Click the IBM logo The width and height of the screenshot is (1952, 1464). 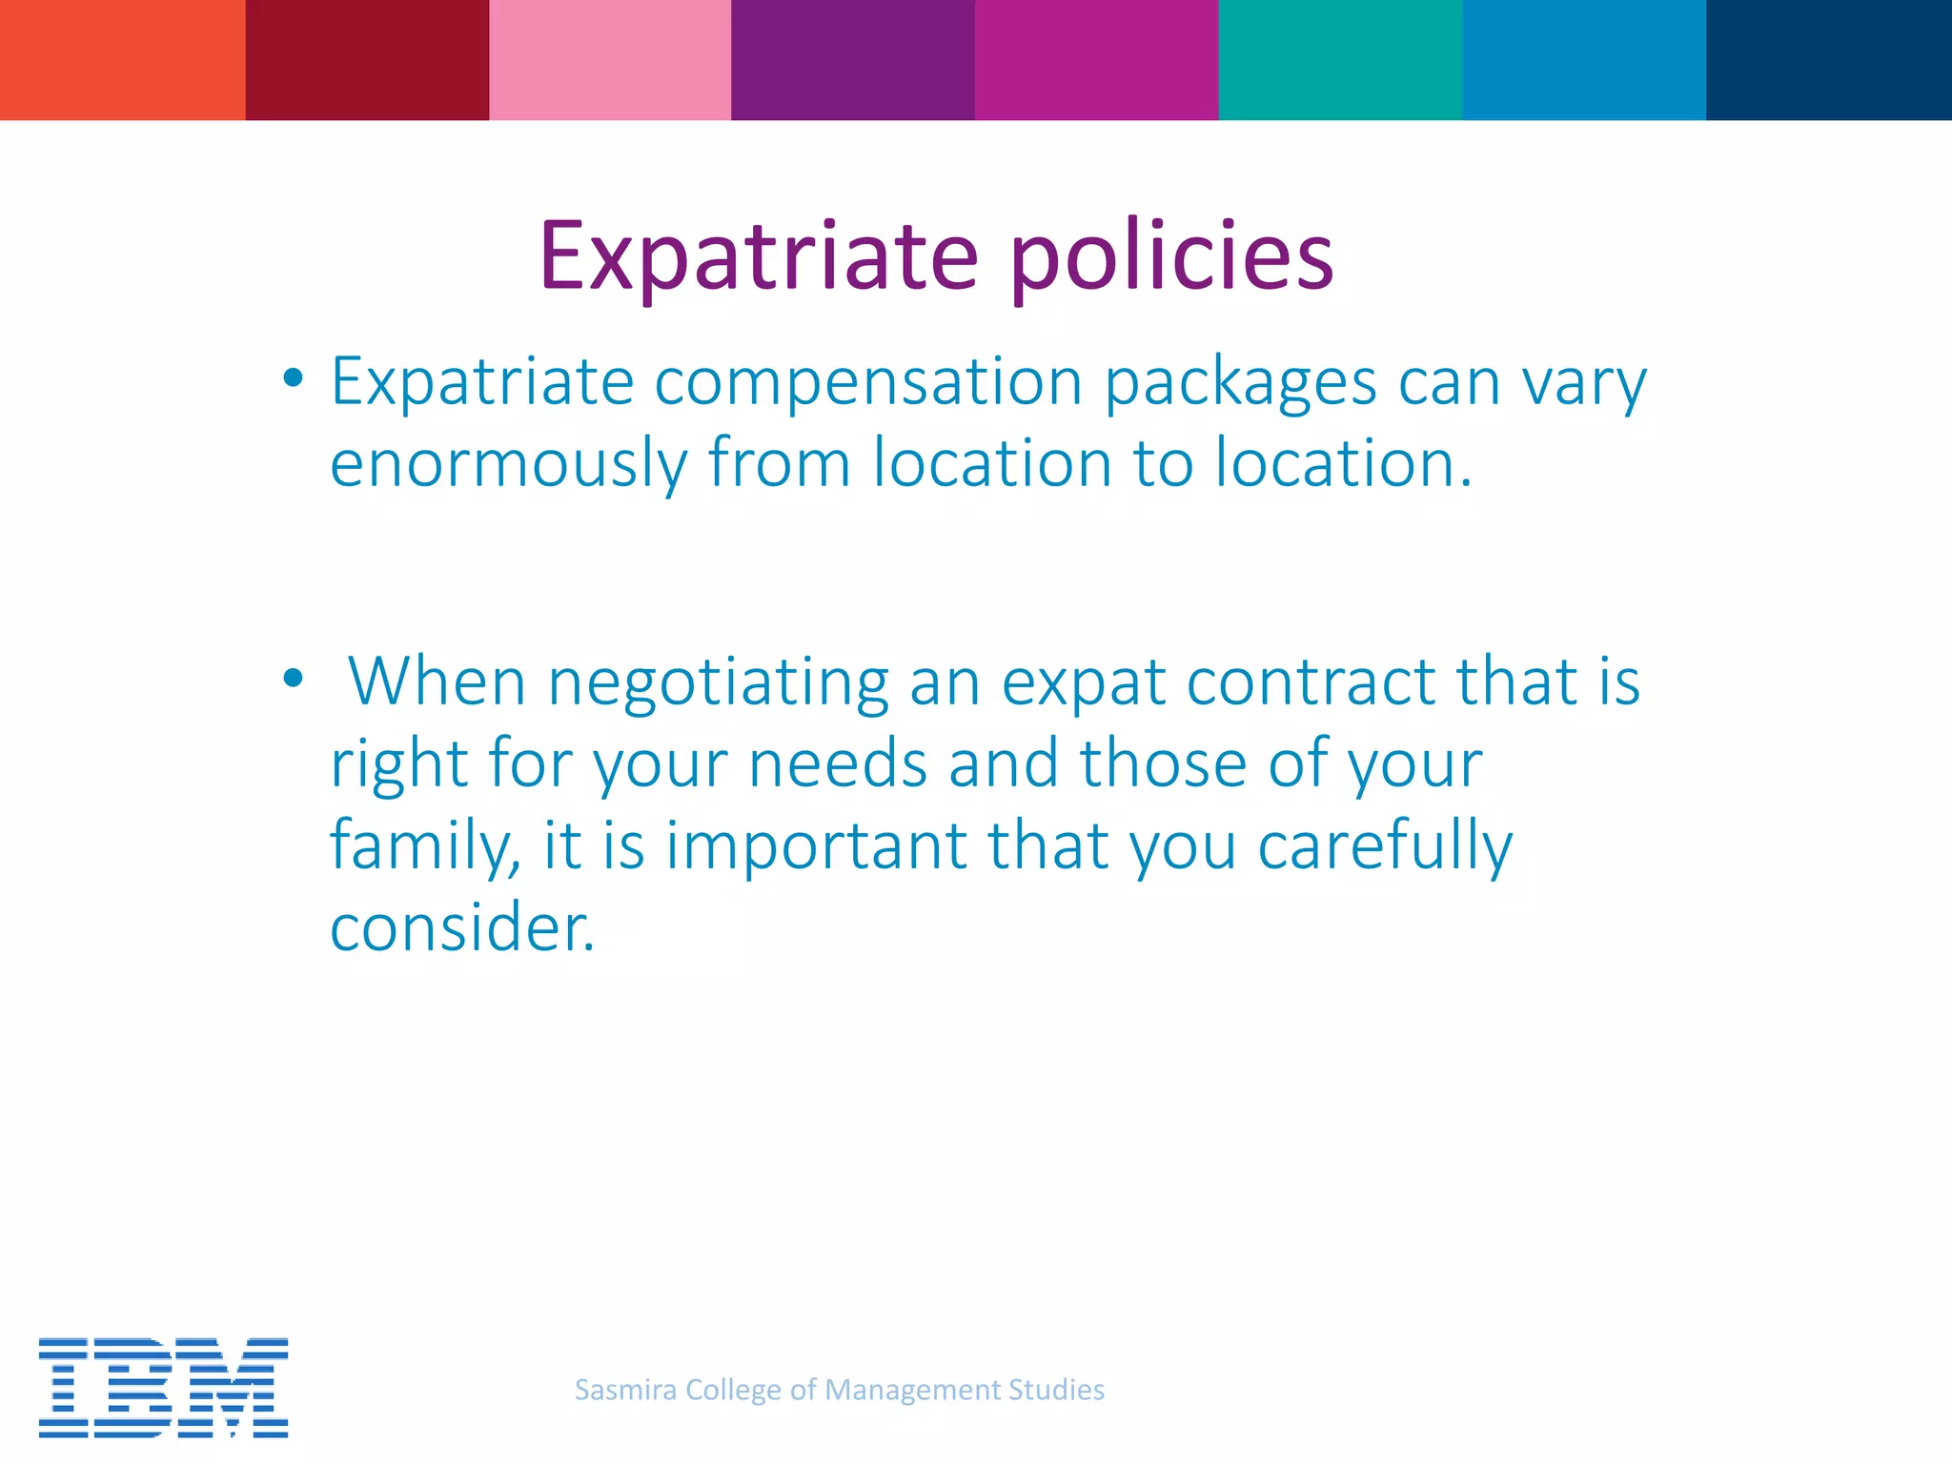(163, 1387)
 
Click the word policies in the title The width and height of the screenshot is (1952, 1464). (1171, 257)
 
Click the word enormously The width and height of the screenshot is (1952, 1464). (508, 464)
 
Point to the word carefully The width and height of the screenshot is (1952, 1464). (1385, 846)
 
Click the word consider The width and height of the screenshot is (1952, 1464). (462, 927)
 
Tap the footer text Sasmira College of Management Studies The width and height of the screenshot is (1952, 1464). (840, 1390)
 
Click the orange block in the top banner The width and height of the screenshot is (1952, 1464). (122, 59)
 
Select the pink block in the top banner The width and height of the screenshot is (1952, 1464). (610, 59)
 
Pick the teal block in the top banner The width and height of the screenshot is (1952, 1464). (1340, 59)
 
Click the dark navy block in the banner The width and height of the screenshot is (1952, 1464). (1828, 59)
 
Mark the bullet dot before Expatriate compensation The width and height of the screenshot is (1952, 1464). (294, 378)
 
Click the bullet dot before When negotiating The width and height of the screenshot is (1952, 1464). (294, 679)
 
